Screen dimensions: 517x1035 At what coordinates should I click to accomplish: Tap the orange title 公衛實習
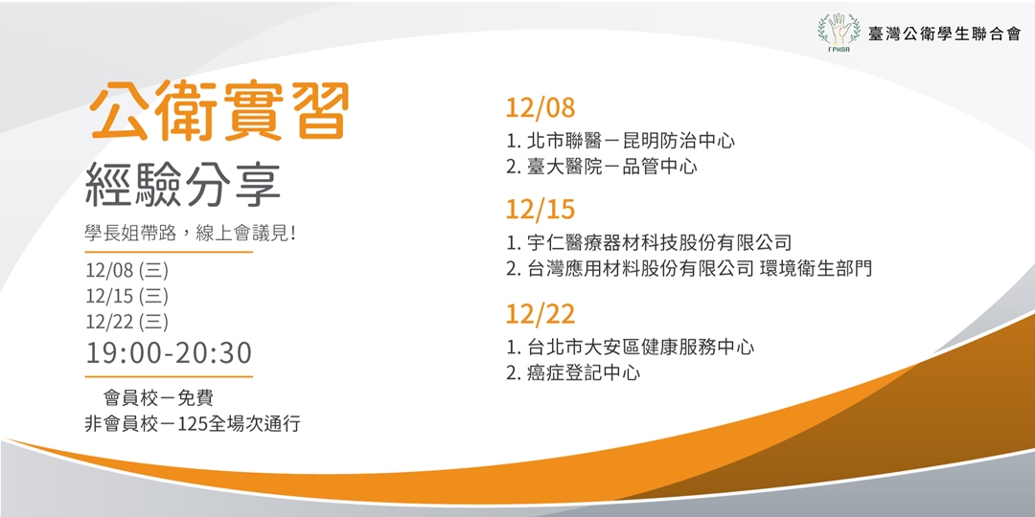[218, 112]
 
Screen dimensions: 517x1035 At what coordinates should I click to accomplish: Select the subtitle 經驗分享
[183, 185]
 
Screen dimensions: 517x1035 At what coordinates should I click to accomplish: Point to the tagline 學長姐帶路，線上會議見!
[190, 234]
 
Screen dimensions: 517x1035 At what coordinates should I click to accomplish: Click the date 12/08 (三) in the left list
[126, 270]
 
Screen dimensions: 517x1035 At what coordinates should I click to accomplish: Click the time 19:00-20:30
[169, 353]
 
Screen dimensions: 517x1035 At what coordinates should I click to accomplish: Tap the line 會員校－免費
[159, 397]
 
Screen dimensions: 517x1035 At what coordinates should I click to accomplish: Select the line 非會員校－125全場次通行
[193, 422]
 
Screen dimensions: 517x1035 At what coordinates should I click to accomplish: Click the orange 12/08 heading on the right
[540, 107]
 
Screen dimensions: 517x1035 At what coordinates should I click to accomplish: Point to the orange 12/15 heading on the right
[540, 210]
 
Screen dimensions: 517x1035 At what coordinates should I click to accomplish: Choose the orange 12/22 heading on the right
[540, 313]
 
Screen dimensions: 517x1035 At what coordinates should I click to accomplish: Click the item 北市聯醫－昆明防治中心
[631, 141]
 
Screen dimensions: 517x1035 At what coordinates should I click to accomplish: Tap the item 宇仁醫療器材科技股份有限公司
[659, 243]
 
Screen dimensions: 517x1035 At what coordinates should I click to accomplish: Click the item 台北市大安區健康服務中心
[640, 347]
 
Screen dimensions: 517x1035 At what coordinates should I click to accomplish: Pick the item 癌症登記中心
[583, 372]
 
